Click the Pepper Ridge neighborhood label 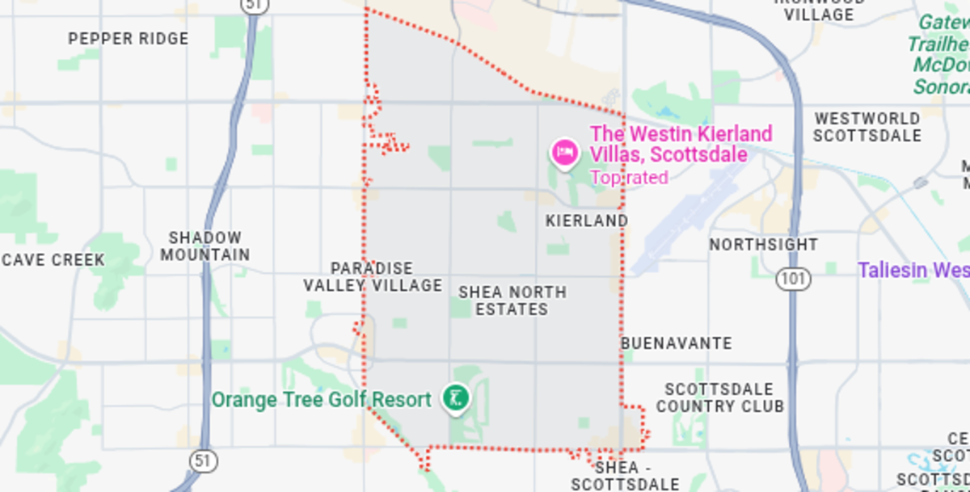tap(129, 39)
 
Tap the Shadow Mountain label tap(205, 246)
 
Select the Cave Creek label tap(53, 260)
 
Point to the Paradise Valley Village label tap(373, 276)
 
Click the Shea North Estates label tap(512, 301)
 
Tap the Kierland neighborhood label tap(586, 221)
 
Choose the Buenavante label tap(677, 343)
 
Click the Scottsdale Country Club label tap(719, 398)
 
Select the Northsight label tap(764, 244)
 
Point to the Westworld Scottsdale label tap(867, 127)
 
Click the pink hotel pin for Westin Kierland tap(564, 151)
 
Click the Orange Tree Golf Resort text tap(321, 400)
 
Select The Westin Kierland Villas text tap(681, 144)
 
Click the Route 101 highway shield tap(793, 280)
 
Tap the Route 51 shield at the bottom tap(204, 461)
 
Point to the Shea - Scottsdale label tap(625, 476)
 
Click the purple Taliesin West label tap(913, 270)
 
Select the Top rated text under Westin tap(629, 178)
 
